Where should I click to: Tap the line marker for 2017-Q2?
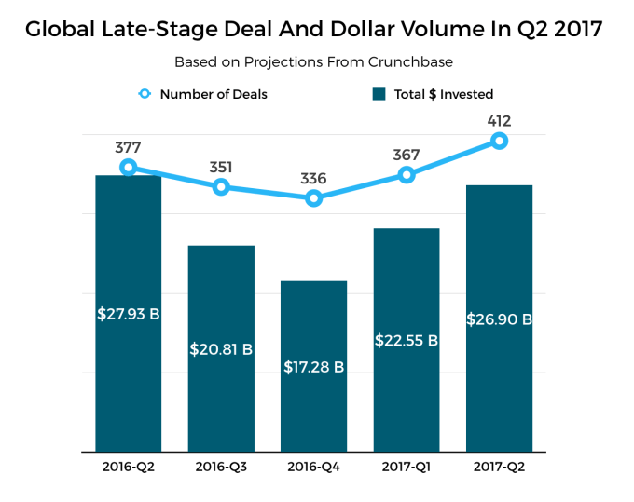(x=499, y=141)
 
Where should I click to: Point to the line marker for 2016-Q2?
(x=129, y=168)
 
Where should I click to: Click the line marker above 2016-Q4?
(x=313, y=197)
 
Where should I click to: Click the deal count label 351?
(x=221, y=168)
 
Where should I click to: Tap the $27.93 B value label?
(x=129, y=314)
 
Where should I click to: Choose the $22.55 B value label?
(x=406, y=340)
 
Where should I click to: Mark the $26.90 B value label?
(x=499, y=319)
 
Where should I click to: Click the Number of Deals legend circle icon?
(x=145, y=94)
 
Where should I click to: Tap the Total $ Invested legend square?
(x=379, y=94)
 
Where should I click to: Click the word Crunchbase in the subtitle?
(x=411, y=62)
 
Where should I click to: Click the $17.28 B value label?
(x=313, y=367)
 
